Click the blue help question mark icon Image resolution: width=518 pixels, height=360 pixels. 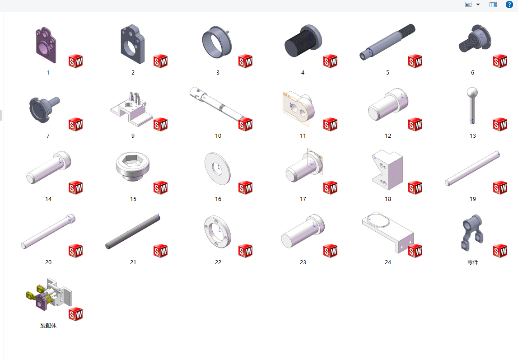(509, 5)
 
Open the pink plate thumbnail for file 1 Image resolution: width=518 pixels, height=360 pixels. (46, 45)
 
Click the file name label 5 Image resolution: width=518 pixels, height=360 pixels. (387, 73)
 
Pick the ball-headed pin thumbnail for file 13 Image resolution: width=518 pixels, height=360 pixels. (472, 105)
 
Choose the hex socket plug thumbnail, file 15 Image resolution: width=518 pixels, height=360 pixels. (133, 166)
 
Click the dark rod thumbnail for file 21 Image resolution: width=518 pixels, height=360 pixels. (133, 232)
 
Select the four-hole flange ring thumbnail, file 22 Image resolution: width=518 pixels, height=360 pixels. (217, 232)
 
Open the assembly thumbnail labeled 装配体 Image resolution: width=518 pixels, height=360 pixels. (49, 295)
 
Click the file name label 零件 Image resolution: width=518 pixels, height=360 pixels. (473, 262)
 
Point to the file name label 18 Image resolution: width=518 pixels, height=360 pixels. (388, 199)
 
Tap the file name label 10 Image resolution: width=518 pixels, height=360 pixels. (218, 136)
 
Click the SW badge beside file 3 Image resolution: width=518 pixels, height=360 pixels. (246, 61)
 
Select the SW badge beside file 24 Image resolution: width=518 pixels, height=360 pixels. (415, 251)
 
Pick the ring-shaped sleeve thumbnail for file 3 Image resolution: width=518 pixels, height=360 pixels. (217, 42)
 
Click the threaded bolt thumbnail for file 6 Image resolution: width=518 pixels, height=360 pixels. (475, 38)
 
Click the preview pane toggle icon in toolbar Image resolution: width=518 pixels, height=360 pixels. (493, 5)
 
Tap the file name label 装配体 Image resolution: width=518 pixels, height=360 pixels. (48, 326)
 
